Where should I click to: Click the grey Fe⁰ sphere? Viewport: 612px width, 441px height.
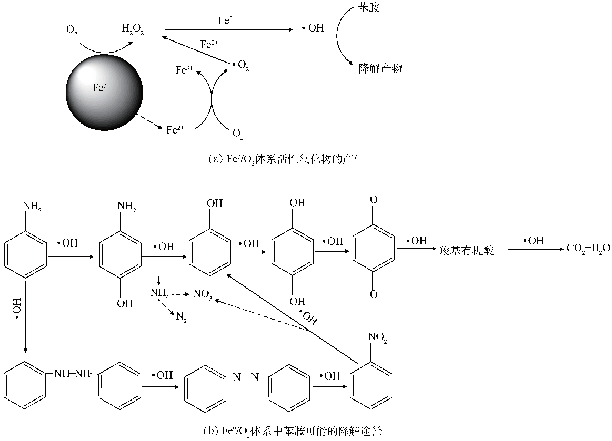point(104,92)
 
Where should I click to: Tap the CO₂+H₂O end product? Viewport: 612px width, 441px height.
point(588,249)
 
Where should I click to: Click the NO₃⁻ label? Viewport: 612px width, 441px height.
point(205,293)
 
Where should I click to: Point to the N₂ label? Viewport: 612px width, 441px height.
point(182,319)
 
